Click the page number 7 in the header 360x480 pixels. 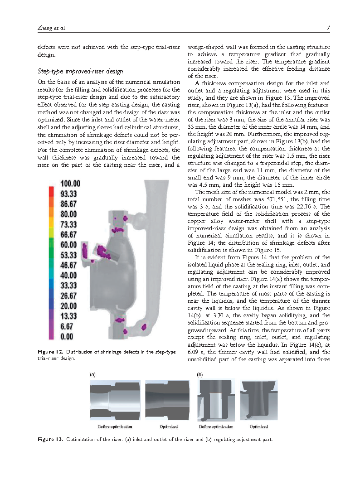327,28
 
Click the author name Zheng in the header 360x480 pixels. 44,28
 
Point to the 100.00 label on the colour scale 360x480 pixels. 70,184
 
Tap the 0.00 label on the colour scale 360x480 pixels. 67,337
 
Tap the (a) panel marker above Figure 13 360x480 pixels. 92,375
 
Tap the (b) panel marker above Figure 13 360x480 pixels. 199,375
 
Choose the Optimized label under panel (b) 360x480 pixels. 259,427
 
